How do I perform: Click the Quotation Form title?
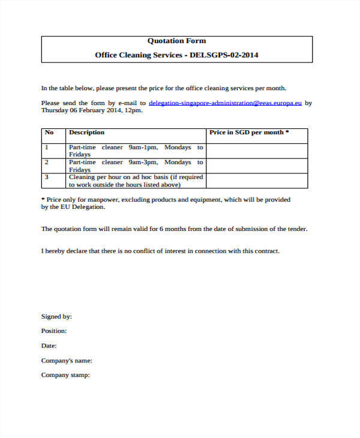(x=176, y=41)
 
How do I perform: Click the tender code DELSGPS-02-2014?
(x=224, y=55)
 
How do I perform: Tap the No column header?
(x=49, y=133)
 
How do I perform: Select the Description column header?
(x=86, y=133)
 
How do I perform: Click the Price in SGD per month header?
(x=249, y=133)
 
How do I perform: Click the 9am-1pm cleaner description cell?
(x=136, y=151)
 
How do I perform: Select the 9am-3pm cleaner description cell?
(x=136, y=166)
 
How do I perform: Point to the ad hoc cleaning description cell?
(x=136, y=181)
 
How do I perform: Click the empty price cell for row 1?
(x=257, y=151)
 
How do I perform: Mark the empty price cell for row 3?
(x=257, y=181)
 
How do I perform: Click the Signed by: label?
(x=56, y=316)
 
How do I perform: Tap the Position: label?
(x=54, y=331)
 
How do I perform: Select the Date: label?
(x=49, y=346)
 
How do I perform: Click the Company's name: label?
(x=66, y=361)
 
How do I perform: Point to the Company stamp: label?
(x=65, y=375)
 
